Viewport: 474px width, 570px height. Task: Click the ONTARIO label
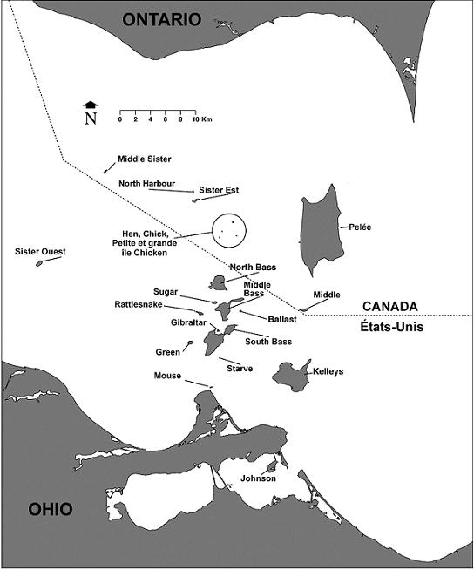[161, 19]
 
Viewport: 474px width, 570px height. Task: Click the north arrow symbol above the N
[90, 105]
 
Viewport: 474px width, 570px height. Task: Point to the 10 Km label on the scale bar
[201, 118]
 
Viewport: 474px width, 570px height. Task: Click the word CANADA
[389, 306]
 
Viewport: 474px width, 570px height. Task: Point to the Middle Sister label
[145, 159]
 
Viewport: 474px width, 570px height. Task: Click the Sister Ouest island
[40, 262]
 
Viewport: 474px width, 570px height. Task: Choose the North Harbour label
[146, 184]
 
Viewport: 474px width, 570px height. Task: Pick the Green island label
[167, 352]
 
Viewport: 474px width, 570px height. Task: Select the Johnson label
[258, 478]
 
